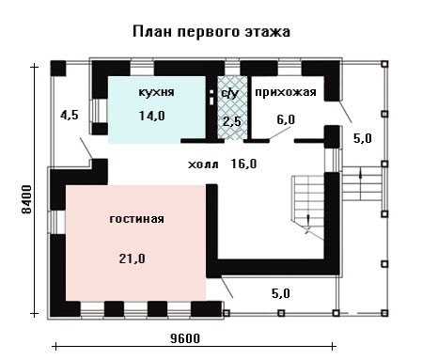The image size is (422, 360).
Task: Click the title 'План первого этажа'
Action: (211, 32)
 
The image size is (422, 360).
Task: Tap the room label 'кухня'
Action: (156, 92)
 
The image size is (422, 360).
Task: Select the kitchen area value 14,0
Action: (152, 116)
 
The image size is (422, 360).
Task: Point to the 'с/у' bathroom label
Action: (230, 93)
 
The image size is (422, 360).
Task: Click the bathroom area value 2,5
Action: (232, 121)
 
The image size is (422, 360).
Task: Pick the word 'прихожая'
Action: (286, 92)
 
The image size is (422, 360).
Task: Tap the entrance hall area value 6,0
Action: (286, 119)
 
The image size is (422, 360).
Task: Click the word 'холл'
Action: (203, 164)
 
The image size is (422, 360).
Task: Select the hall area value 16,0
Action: (243, 164)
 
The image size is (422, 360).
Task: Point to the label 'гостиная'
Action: (137, 219)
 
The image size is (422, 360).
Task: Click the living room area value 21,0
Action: (132, 258)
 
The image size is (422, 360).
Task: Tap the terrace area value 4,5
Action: (70, 115)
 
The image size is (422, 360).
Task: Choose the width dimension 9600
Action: (185, 338)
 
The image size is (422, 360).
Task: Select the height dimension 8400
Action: (27, 199)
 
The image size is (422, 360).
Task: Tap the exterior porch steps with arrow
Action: (362, 183)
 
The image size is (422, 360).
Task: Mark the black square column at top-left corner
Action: (58, 69)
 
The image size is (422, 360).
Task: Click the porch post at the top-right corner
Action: (385, 64)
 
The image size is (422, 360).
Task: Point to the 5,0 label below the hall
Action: (281, 293)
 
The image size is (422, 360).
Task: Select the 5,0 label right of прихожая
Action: (363, 138)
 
